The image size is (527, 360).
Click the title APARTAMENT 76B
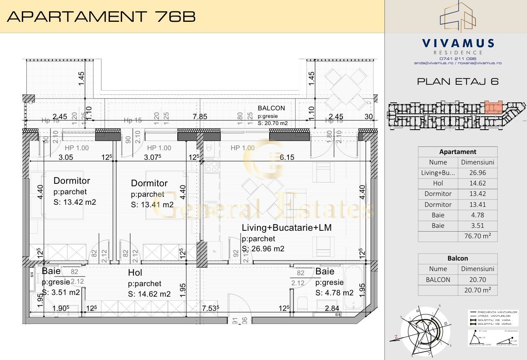pos(102,16)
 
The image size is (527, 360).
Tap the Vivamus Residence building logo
pos(457,17)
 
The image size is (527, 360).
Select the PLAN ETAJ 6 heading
pos(458,81)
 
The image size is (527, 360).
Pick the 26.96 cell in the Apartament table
pos(478,172)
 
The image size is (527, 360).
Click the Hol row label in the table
pos(438,183)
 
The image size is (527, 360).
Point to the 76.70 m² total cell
pos(478,236)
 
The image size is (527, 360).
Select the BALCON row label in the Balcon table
pos(438,279)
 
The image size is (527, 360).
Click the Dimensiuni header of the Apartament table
pos(478,162)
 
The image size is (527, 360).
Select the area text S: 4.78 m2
pos(334,293)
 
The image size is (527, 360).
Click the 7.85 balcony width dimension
pos(200,117)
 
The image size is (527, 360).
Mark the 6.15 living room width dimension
pos(287,157)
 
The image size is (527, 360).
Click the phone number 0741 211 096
pos(457,58)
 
